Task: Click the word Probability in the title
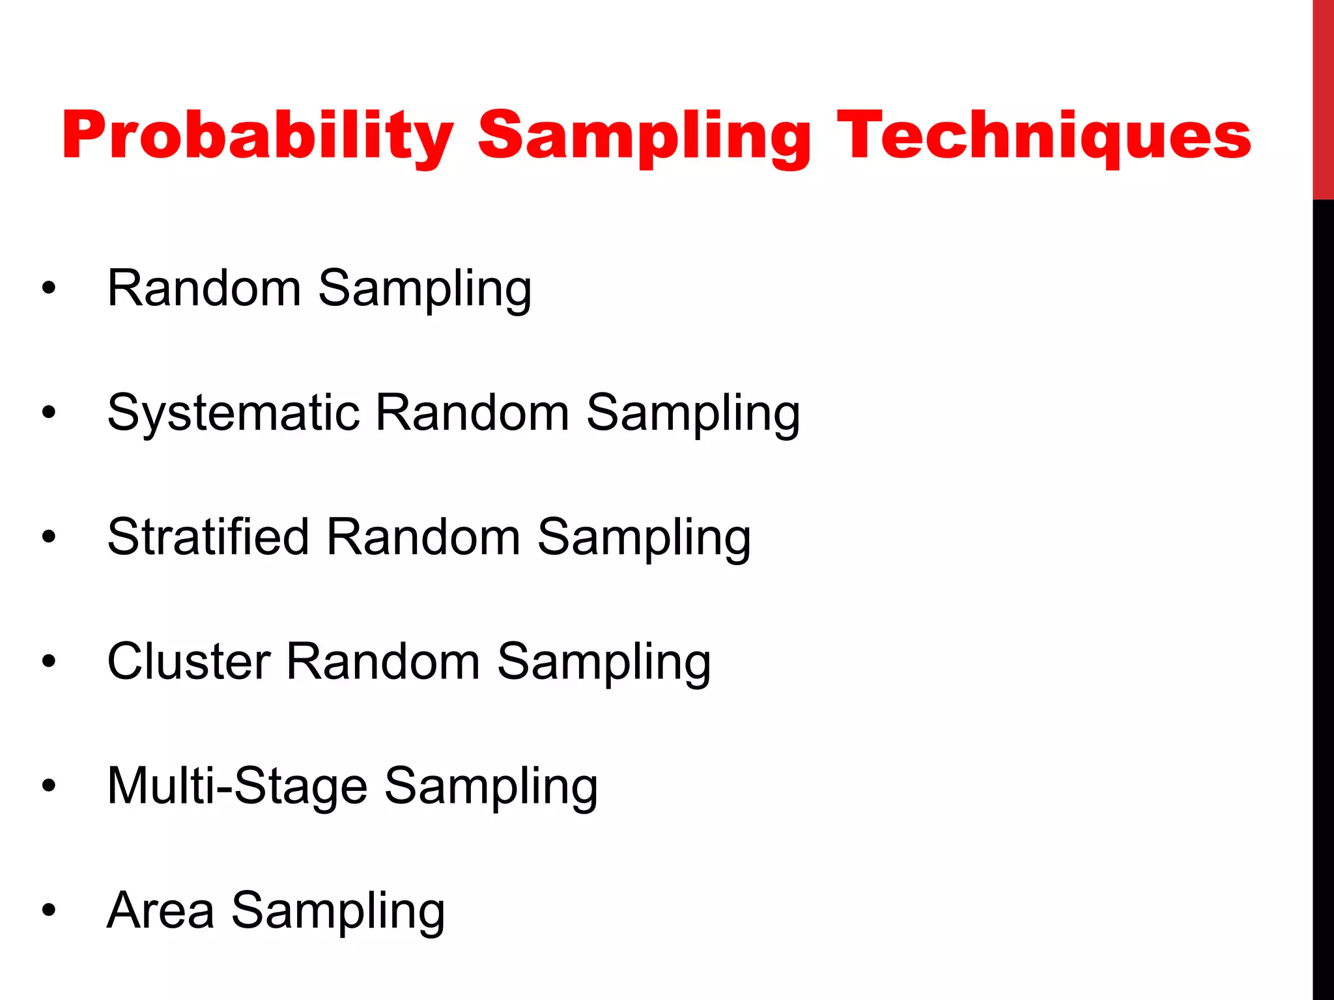coord(257,137)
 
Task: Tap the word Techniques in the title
coord(1043,137)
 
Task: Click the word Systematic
coord(233,413)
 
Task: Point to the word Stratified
coord(208,538)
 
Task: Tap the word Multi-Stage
coord(237,786)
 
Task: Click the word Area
coord(160,911)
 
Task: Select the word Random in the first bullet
coord(204,288)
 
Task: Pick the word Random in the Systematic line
coord(472,413)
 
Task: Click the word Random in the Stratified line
coord(423,538)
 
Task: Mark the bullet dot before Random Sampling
coord(49,288)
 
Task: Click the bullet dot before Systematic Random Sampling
coord(49,413)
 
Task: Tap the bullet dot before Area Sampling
coord(49,911)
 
